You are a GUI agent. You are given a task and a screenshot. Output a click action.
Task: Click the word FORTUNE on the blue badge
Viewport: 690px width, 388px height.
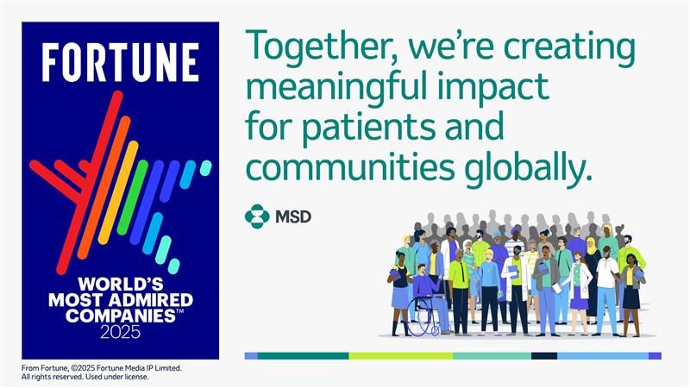click(120, 62)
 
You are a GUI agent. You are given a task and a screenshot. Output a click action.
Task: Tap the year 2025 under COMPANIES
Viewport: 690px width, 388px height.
click(120, 332)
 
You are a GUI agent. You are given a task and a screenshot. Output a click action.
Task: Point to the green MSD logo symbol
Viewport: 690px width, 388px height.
click(257, 216)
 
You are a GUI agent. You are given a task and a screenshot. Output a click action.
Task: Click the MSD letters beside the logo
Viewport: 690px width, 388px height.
click(293, 216)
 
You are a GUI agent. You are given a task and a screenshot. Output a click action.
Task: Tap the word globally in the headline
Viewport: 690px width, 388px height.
click(529, 169)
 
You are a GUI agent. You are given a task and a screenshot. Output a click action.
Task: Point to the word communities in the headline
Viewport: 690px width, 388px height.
click(350, 168)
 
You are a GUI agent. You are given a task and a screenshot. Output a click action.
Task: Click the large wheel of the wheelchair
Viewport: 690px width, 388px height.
click(422, 316)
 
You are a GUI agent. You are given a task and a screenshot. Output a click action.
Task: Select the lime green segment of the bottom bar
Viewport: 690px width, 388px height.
click(401, 355)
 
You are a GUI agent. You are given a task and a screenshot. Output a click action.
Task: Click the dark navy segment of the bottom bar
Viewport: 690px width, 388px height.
click(544, 355)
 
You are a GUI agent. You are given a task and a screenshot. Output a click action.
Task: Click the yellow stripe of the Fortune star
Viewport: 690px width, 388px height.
click(118, 192)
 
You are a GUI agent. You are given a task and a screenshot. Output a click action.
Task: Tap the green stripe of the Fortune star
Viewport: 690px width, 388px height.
click(133, 197)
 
